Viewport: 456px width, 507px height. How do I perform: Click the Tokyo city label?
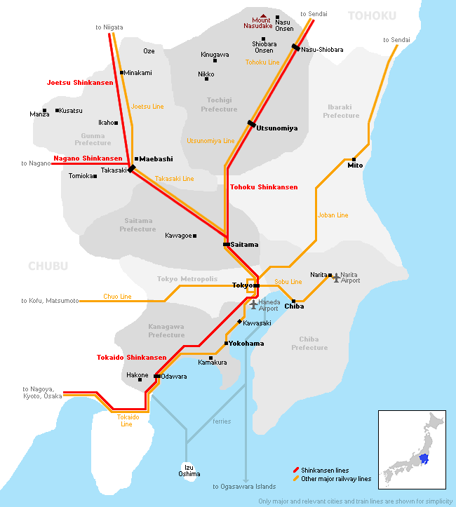pos(242,285)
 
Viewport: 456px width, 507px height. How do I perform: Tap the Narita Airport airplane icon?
pos(336,278)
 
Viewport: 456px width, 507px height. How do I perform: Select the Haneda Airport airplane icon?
pos(254,304)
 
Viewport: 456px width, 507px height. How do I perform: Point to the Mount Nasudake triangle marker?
pos(263,16)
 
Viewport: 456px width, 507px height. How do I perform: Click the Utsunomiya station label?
pos(277,128)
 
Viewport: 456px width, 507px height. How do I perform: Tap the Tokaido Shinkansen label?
pos(131,358)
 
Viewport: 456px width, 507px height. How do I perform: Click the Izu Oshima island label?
pos(188,470)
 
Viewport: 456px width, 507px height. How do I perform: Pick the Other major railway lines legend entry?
pos(335,479)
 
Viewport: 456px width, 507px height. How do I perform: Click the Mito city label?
pos(355,165)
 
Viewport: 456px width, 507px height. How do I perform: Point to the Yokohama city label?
pos(246,344)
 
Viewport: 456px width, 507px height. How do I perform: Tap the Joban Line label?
pos(333,215)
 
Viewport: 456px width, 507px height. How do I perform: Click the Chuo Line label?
pos(117,297)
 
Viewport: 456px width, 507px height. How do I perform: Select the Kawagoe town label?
pos(178,236)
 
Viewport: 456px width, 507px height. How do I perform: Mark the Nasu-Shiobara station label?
pos(322,50)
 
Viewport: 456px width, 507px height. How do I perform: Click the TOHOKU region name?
pos(372,15)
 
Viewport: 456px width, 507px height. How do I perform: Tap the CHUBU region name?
pos(48,266)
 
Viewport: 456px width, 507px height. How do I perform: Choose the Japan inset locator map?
pos(412,449)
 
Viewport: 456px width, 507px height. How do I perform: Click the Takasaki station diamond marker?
pos(131,169)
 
